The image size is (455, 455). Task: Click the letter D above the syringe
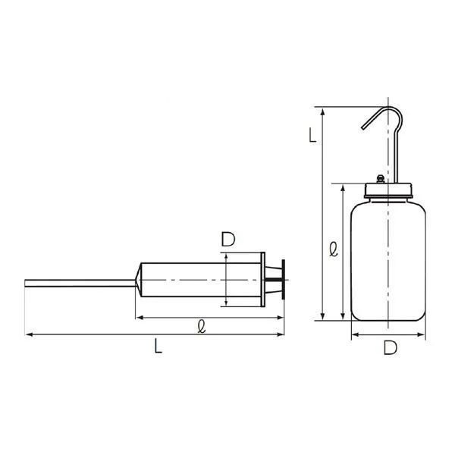click(x=228, y=239)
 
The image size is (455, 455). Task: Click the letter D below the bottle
click(x=391, y=347)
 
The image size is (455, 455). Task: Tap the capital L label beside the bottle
click(x=312, y=135)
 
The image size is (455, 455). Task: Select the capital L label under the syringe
click(x=158, y=346)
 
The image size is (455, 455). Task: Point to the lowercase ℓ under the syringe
click(x=202, y=326)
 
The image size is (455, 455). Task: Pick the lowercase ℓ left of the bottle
click(x=334, y=249)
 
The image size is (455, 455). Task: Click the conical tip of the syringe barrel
click(x=139, y=280)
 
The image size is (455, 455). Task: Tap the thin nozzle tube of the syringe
click(x=80, y=283)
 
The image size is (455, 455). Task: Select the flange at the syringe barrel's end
click(x=263, y=279)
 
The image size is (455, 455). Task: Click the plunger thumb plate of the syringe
click(x=283, y=279)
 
